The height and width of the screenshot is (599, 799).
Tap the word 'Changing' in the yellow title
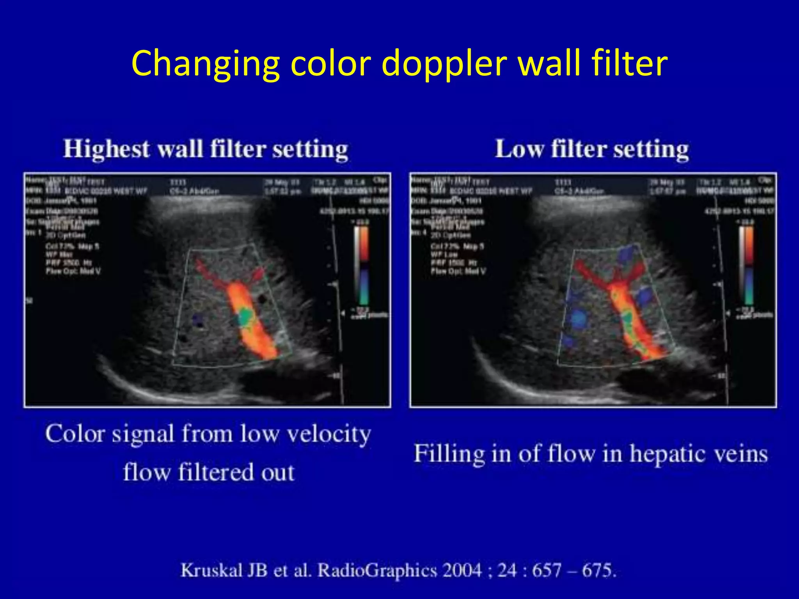pyautogui.click(x=205, y=64)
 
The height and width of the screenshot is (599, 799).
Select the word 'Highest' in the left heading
pyautogui.click(x=107, y=149)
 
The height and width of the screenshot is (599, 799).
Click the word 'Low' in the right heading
pyautogui.click(x=519, y=149)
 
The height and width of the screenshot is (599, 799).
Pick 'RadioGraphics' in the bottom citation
pyautogui.click(x=377, y=570)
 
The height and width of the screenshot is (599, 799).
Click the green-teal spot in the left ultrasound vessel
pyautogui.click(x=246, y=316)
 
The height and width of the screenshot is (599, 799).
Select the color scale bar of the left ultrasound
pyautogui.click(x=362, y=265)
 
